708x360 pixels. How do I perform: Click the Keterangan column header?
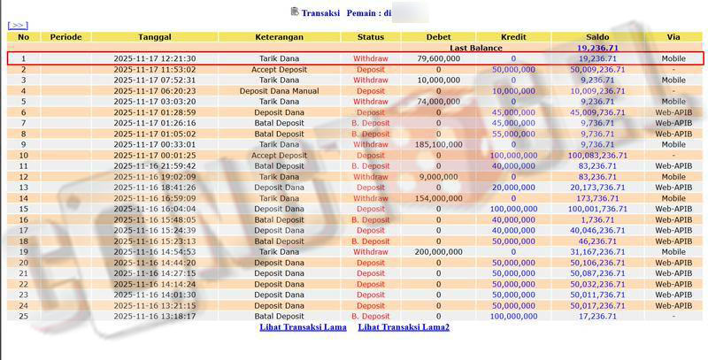coord(279,37)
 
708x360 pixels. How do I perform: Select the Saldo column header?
coord(597,37)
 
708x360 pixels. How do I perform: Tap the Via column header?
coord(673,37)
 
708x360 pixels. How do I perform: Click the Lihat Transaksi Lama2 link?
coord(404,327)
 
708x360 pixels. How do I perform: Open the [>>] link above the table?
coord(18,26)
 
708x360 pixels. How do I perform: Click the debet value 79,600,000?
coord(438,58)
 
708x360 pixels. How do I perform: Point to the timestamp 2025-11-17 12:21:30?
coord(155,58)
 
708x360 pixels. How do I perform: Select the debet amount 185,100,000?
coord(438,144)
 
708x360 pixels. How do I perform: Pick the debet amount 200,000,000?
coord(438,252)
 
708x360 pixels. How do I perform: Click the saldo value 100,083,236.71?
coord(597,155)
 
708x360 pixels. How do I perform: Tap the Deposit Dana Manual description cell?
coord(279,91)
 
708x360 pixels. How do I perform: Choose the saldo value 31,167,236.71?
coord(597,252)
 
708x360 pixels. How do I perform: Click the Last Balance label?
coord(475,48)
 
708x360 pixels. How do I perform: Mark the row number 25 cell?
coord(24,316)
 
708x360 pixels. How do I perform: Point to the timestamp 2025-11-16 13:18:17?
coord(155,316)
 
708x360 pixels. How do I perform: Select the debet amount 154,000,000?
coord(438,198)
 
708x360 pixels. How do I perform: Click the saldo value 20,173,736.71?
coord(597,188)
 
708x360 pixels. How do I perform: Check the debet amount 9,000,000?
coord(438,177)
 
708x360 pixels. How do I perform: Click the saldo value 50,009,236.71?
coord(597,69)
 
